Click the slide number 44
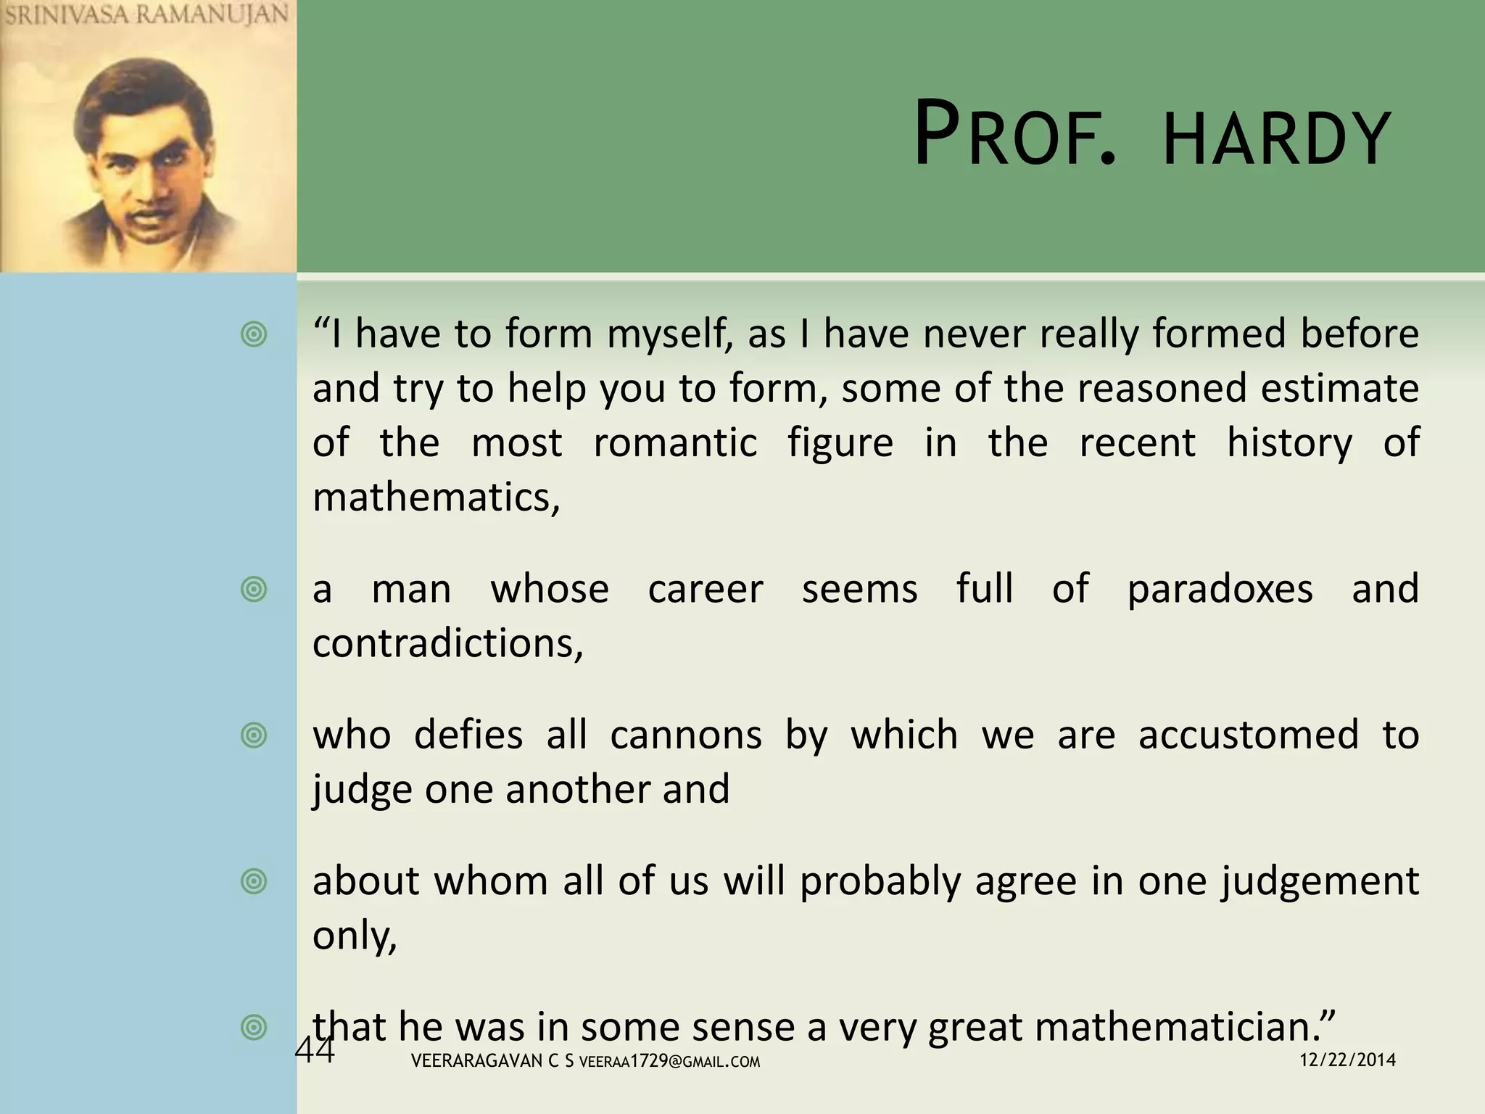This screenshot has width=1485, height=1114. coord(315,1050)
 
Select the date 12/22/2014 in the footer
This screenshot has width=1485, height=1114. coord(1347,1060)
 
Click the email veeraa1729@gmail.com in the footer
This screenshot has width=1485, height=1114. coord(670,1062)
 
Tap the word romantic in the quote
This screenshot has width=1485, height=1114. coord(675,442)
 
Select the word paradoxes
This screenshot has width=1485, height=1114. coord(1220,588)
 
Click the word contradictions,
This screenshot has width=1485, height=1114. coord(447,643)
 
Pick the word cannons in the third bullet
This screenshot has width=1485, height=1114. coord(686,735)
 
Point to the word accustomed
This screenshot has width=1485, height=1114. coord(1248,735)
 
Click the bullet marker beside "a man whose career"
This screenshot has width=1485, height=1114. coord(254,589)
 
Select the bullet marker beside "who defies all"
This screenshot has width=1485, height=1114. coord(254,735)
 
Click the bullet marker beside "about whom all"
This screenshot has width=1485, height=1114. coord(254,882)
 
